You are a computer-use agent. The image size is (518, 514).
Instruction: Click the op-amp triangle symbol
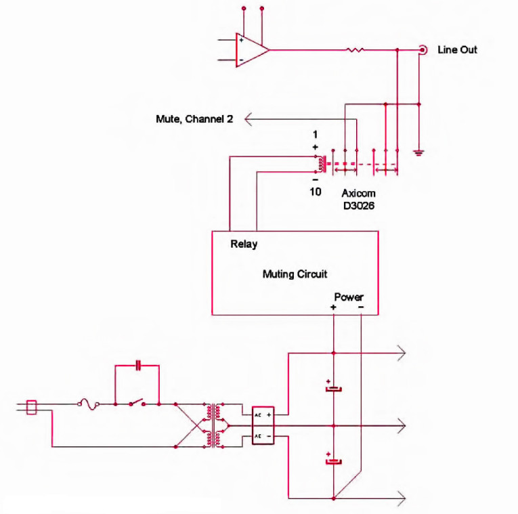[251, 49]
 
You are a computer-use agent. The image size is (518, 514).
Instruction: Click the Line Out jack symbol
[423, 49]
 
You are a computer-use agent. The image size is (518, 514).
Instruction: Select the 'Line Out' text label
[457, 50]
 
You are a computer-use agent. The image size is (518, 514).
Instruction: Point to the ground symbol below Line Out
[419, 152]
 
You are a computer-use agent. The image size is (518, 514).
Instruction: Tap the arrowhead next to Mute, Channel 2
[249, 119]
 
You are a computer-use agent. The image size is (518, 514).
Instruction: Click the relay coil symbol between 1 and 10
[318, 163]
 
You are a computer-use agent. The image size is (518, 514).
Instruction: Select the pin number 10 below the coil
[316, 192]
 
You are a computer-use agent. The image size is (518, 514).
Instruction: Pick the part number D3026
[357, 205]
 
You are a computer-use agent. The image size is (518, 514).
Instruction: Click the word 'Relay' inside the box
[244, 244]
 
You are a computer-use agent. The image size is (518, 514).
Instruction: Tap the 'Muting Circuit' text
[295, 274]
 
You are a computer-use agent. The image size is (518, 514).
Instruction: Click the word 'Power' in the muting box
[349, 297]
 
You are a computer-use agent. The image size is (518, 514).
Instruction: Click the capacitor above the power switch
[137, 366]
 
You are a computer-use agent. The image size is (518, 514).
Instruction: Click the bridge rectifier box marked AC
[263, 425]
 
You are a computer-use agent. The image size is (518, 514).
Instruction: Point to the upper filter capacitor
[333, 389]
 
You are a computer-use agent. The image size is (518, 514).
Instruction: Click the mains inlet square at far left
[30, 407]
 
